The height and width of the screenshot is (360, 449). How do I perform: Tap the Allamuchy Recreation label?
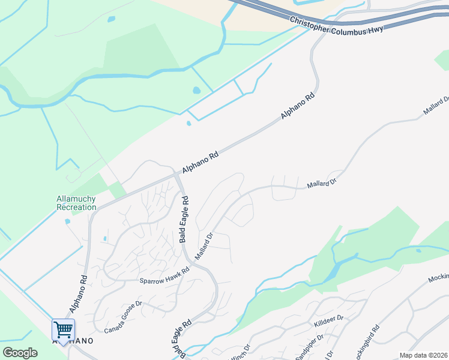click(x=76, y=203)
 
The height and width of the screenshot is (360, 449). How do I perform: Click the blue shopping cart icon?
click(x=63, y=328)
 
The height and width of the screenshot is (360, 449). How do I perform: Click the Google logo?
click(x=20, y=353)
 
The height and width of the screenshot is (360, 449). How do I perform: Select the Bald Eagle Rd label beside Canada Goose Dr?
click(x=179, y=339)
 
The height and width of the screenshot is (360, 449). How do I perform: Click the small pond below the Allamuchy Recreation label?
click(x=67, y=221)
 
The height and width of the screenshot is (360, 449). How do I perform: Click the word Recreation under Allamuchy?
click(x=76, y=207)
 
